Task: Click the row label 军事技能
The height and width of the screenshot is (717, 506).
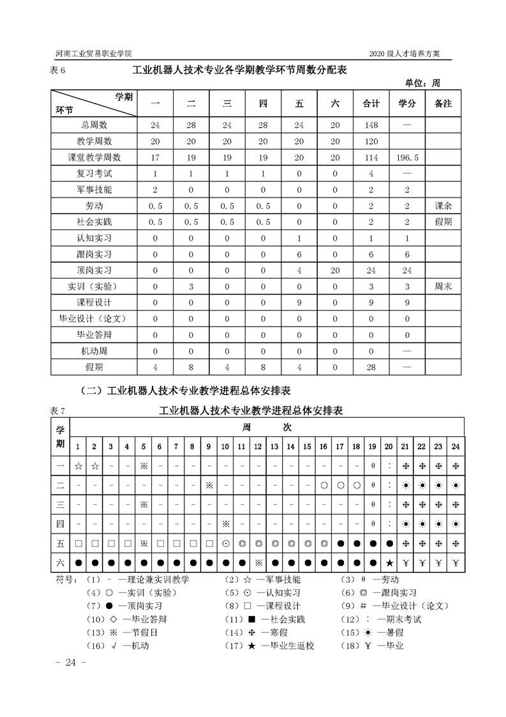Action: point(94,190)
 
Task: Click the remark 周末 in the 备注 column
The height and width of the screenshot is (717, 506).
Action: point(443,287)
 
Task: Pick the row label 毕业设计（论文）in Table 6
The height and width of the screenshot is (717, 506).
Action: point(94,320)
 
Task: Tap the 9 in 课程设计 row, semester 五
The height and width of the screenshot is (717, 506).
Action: point(299,303)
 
